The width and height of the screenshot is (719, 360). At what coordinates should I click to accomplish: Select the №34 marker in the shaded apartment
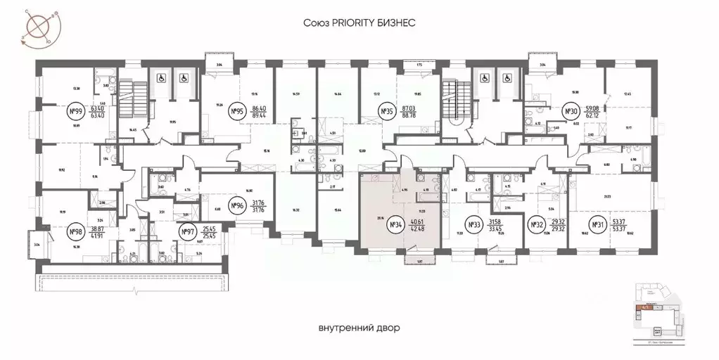[394, 225]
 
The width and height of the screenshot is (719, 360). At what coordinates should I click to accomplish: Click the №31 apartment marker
[598, 225]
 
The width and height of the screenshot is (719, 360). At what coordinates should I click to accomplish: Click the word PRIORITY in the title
[357, 23]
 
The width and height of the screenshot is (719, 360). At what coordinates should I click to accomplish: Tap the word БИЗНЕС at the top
[398, 23]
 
